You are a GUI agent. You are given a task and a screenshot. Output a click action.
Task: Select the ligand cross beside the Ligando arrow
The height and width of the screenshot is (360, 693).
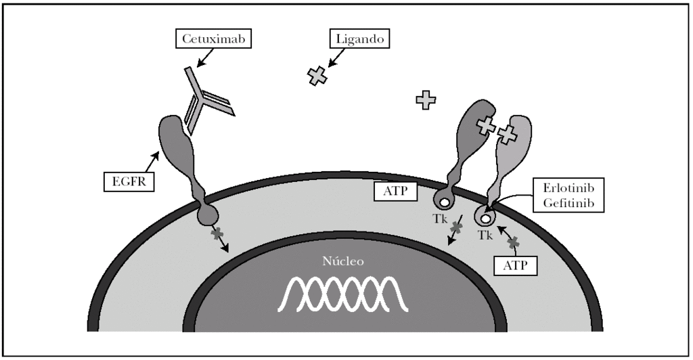[x=316, y=76]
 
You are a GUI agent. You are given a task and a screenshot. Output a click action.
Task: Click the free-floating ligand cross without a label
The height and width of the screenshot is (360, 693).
[x=426, y=100]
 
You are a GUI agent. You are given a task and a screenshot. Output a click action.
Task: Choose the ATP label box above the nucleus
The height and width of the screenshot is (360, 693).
[x=395, y=192]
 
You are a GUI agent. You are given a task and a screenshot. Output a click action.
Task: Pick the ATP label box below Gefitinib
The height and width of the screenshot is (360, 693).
[x=517, y=264]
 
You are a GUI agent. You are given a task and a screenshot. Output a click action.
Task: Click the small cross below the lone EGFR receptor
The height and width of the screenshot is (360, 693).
[x=217, y=234]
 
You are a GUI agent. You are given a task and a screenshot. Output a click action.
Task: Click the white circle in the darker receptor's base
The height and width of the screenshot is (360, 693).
[x=444, y=201]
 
